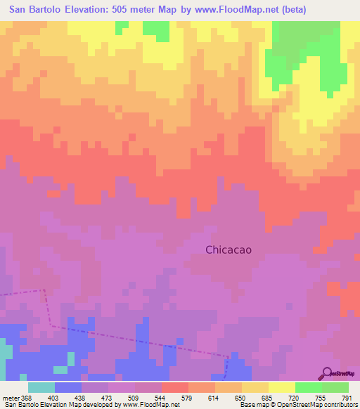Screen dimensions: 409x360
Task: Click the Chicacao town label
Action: pyautogui.click(x=229, y=249)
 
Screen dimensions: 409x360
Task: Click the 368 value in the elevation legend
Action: pyautogui.click(x=25, y=399)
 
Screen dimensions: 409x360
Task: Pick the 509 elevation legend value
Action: pyautogui.click(x=135, y=399)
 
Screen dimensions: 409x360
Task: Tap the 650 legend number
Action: pyautogui.click(x=241, y=399)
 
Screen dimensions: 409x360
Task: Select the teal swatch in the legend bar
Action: pyautogui.click(x=41, y=387)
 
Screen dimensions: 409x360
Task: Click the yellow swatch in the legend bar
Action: pyautogui.click(x=281, y=387)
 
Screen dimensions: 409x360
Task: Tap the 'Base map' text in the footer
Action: pyautogui.click(x=252, y=405)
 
